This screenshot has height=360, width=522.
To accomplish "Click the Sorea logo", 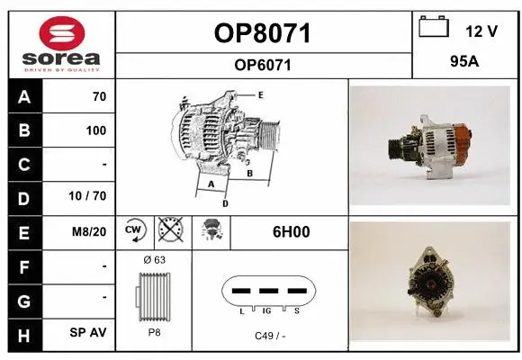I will coord(60,44).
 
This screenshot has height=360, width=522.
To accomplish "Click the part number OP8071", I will coord(262,34).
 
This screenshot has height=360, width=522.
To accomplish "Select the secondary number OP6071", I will coord(262,65).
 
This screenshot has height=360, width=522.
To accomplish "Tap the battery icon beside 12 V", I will coord(434,28).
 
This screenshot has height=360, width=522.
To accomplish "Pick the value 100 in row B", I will coord(95,130).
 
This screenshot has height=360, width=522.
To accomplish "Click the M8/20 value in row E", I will coord(91,231).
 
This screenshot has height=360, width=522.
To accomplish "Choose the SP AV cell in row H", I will coord(88,332).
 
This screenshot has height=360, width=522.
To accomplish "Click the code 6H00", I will coord(291,231).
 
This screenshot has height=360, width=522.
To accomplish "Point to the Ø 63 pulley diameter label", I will coord(153,260).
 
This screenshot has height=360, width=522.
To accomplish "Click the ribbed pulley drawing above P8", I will coord(153,298).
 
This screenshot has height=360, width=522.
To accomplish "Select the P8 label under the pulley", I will coord(153,331).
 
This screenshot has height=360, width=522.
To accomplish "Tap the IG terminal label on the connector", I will coord(268,310).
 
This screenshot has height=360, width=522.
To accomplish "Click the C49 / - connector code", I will coord(269,335).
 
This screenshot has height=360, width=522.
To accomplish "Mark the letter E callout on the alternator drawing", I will coord(260,94).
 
